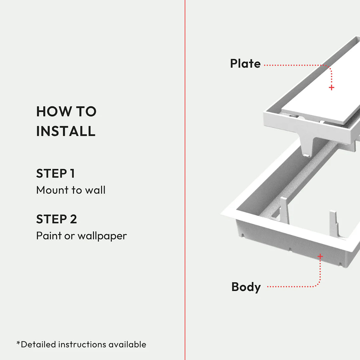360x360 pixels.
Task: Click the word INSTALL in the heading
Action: tap(66, 131)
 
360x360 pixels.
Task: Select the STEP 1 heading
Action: tap(55, 174)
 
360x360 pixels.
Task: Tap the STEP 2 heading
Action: tap(56, 219)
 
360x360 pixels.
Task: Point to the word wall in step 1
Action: tap(95, 190)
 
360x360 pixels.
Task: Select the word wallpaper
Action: tap(102, 236)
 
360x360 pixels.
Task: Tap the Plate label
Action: tap(245, 64)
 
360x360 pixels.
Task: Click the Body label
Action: tap(246, 287)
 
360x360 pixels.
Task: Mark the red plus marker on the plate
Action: tap(332, 87)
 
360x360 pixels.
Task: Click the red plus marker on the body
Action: tap(320, 256)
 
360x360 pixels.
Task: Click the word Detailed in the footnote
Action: tap(38, 345)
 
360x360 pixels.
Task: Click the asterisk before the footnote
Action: tap(18, 343)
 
